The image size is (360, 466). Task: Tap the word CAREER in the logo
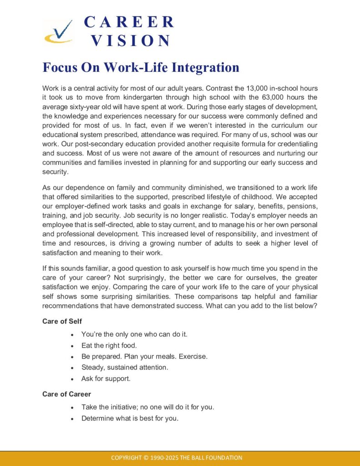click(129, 22)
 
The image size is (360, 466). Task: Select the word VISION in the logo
click(131, 41)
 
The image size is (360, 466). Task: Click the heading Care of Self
click(62, 321)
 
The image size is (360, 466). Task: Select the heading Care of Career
click(66, 394)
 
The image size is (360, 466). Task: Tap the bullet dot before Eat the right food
click(73, 345)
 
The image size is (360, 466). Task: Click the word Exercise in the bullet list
click(193, 356)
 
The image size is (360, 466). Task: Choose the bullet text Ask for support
click(106, 378)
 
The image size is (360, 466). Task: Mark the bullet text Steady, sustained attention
click(125, 367)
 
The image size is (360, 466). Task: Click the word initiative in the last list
click(117, 407)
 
